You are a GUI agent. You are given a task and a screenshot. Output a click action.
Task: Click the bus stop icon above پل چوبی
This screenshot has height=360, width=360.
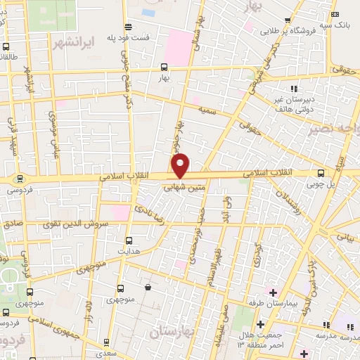click(x=321, y=172)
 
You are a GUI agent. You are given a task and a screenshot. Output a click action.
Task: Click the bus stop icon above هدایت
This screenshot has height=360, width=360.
click(x=127, y=239)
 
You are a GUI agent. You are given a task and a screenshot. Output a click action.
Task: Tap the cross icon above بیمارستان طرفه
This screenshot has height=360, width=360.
click(x=273, y=292)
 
